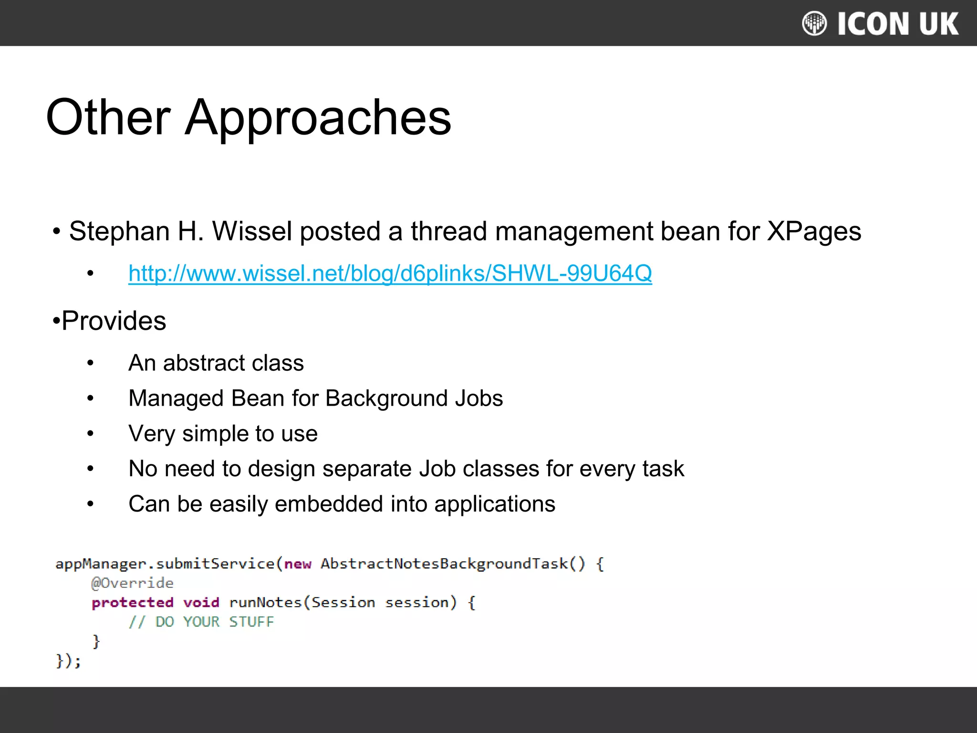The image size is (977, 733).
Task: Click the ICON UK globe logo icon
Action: (814, 23)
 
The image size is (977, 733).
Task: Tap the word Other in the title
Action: (108, 117)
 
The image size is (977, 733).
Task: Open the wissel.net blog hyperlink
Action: (390, 273)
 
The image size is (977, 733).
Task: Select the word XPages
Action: (813, 231)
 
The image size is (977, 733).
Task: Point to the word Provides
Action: (114, 321)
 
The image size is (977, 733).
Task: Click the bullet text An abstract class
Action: (216, 363)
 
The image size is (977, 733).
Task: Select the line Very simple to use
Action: (223, 434)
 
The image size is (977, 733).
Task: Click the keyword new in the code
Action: (298, 564)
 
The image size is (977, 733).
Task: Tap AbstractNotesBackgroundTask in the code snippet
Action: (444, 564)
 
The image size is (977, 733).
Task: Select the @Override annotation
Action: (132, 583)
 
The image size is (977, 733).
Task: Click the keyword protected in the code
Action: (132, 603)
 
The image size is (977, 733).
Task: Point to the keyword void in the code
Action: (201, 603)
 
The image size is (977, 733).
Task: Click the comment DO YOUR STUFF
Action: (201, 622)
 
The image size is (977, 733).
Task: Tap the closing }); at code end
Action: (68, 661)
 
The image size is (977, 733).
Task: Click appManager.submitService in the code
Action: (165, 564)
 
